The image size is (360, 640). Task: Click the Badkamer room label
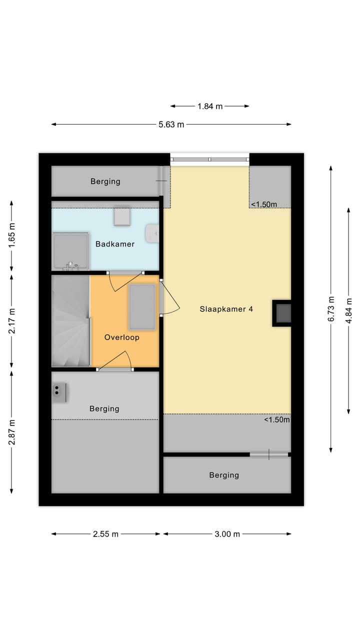115,244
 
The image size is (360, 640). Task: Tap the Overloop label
121,337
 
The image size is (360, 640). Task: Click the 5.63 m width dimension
171,124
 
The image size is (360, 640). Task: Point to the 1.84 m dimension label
210,106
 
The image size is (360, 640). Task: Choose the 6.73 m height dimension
331,309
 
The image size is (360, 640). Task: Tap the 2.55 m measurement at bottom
105,534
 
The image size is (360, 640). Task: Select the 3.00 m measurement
227,534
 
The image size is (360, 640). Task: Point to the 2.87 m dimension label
12,431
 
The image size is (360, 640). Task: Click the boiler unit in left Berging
60,393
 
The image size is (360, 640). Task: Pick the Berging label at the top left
105,181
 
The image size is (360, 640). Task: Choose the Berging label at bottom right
224,475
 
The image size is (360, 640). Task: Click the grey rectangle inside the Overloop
142,307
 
